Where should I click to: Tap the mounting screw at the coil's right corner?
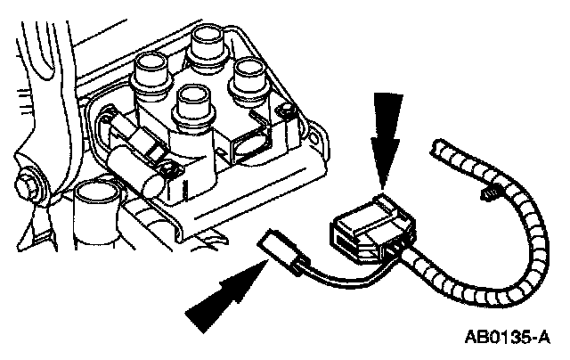click(285, 110)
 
